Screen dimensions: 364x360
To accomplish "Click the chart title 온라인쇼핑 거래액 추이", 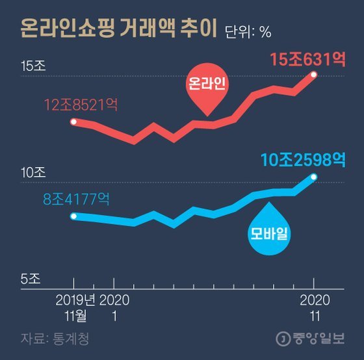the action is pyautogui.click(x=118, y=29).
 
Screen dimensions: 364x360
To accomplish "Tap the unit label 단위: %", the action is pyautogui.click(x=248, y=32).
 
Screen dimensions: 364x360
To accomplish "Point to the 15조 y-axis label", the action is pyautogui.click(x=33, y=66).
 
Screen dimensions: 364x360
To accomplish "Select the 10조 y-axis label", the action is pyautogui.click(x=33, y=172).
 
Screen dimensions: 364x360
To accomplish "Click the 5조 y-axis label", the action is pyautogui.click(x=31, y=279).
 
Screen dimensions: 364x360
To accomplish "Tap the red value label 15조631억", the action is pyautogui.click(x=307, y=59).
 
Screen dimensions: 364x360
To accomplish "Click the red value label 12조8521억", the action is pyautogui.click(x=81, y=105).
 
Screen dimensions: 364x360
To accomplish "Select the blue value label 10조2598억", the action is pyautogui.click(x=303, y=160).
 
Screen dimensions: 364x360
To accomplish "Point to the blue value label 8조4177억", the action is pyautogui.click(x=76, y=199).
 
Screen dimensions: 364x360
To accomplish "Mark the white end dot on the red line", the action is pyautogui.click(x=314, y=75).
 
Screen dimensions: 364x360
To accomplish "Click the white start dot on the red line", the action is pyautogui.click(x=73, y=122).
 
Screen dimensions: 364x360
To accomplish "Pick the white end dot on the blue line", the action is pyautogui.click(x=314, y=177).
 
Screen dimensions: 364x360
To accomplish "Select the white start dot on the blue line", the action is pyautogui.click(x=73, y=216).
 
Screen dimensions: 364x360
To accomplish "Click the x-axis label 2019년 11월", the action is pyautogui.click(x=75, y=308).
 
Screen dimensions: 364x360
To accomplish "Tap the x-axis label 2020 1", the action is pyautogui.click(x=114, y=308).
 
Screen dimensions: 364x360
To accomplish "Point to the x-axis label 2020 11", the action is pyautogui.click(x=315, y=308).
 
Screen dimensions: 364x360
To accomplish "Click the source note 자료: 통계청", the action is pyautogui.click(x=55, y=339).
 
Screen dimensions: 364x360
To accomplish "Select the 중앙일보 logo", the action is pyautogui.click(x=311, y=339).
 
